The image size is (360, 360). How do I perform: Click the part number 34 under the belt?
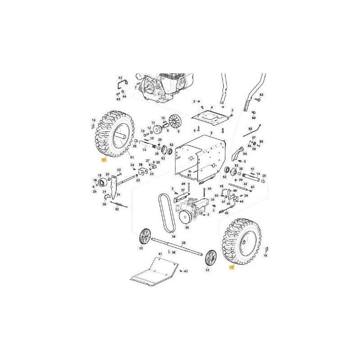tap(173, 237)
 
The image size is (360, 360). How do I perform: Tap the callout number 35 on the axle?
tap(183, 243)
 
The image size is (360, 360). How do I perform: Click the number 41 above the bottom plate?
tap(159, 255)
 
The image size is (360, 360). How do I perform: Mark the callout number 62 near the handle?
tap(261, 95)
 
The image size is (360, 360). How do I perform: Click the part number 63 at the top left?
tap(120, 78)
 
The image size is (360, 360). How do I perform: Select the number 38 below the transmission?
tap(187, 228)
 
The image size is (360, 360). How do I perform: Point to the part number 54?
tap(245, 153)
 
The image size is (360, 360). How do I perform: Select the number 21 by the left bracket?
tap(118, 195)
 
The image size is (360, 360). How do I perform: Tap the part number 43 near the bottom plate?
tap(185, 271)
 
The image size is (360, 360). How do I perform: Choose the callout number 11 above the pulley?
tap(153, 123)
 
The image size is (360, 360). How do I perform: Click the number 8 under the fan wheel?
tap(178, 131)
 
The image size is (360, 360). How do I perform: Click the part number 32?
tap(117, 209)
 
